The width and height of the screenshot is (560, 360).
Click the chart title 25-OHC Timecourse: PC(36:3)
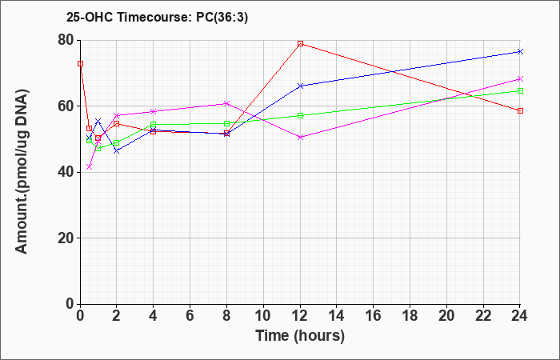[157, 17]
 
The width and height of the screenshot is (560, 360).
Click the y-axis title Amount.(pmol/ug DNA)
[22, 171]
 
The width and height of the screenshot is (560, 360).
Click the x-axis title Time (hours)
[300, 336]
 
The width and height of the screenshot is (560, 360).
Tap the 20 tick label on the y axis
[66, 238]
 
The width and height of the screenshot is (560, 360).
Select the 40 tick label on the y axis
[66, 172]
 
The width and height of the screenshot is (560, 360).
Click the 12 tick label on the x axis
[300, 316]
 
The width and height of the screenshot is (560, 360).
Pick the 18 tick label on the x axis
[410, 316]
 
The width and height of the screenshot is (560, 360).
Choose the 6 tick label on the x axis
[190, 316]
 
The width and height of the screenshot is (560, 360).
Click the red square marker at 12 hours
[300, 43]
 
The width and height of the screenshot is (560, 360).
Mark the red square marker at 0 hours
[80, 63]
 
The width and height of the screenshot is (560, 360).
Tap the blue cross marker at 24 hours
[520, 52]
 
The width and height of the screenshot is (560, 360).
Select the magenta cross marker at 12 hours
[300, 137]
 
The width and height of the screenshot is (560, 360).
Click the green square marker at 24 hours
[520, 90]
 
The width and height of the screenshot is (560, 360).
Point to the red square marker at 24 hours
[520, 110]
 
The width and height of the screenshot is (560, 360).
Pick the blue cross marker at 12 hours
[300, 86]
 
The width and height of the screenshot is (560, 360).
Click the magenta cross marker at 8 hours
[226, 103]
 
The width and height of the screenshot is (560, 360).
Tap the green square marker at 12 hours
[300, 116]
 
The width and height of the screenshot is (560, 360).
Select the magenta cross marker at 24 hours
[520, 79]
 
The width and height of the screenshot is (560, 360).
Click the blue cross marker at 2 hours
[117, 151]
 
